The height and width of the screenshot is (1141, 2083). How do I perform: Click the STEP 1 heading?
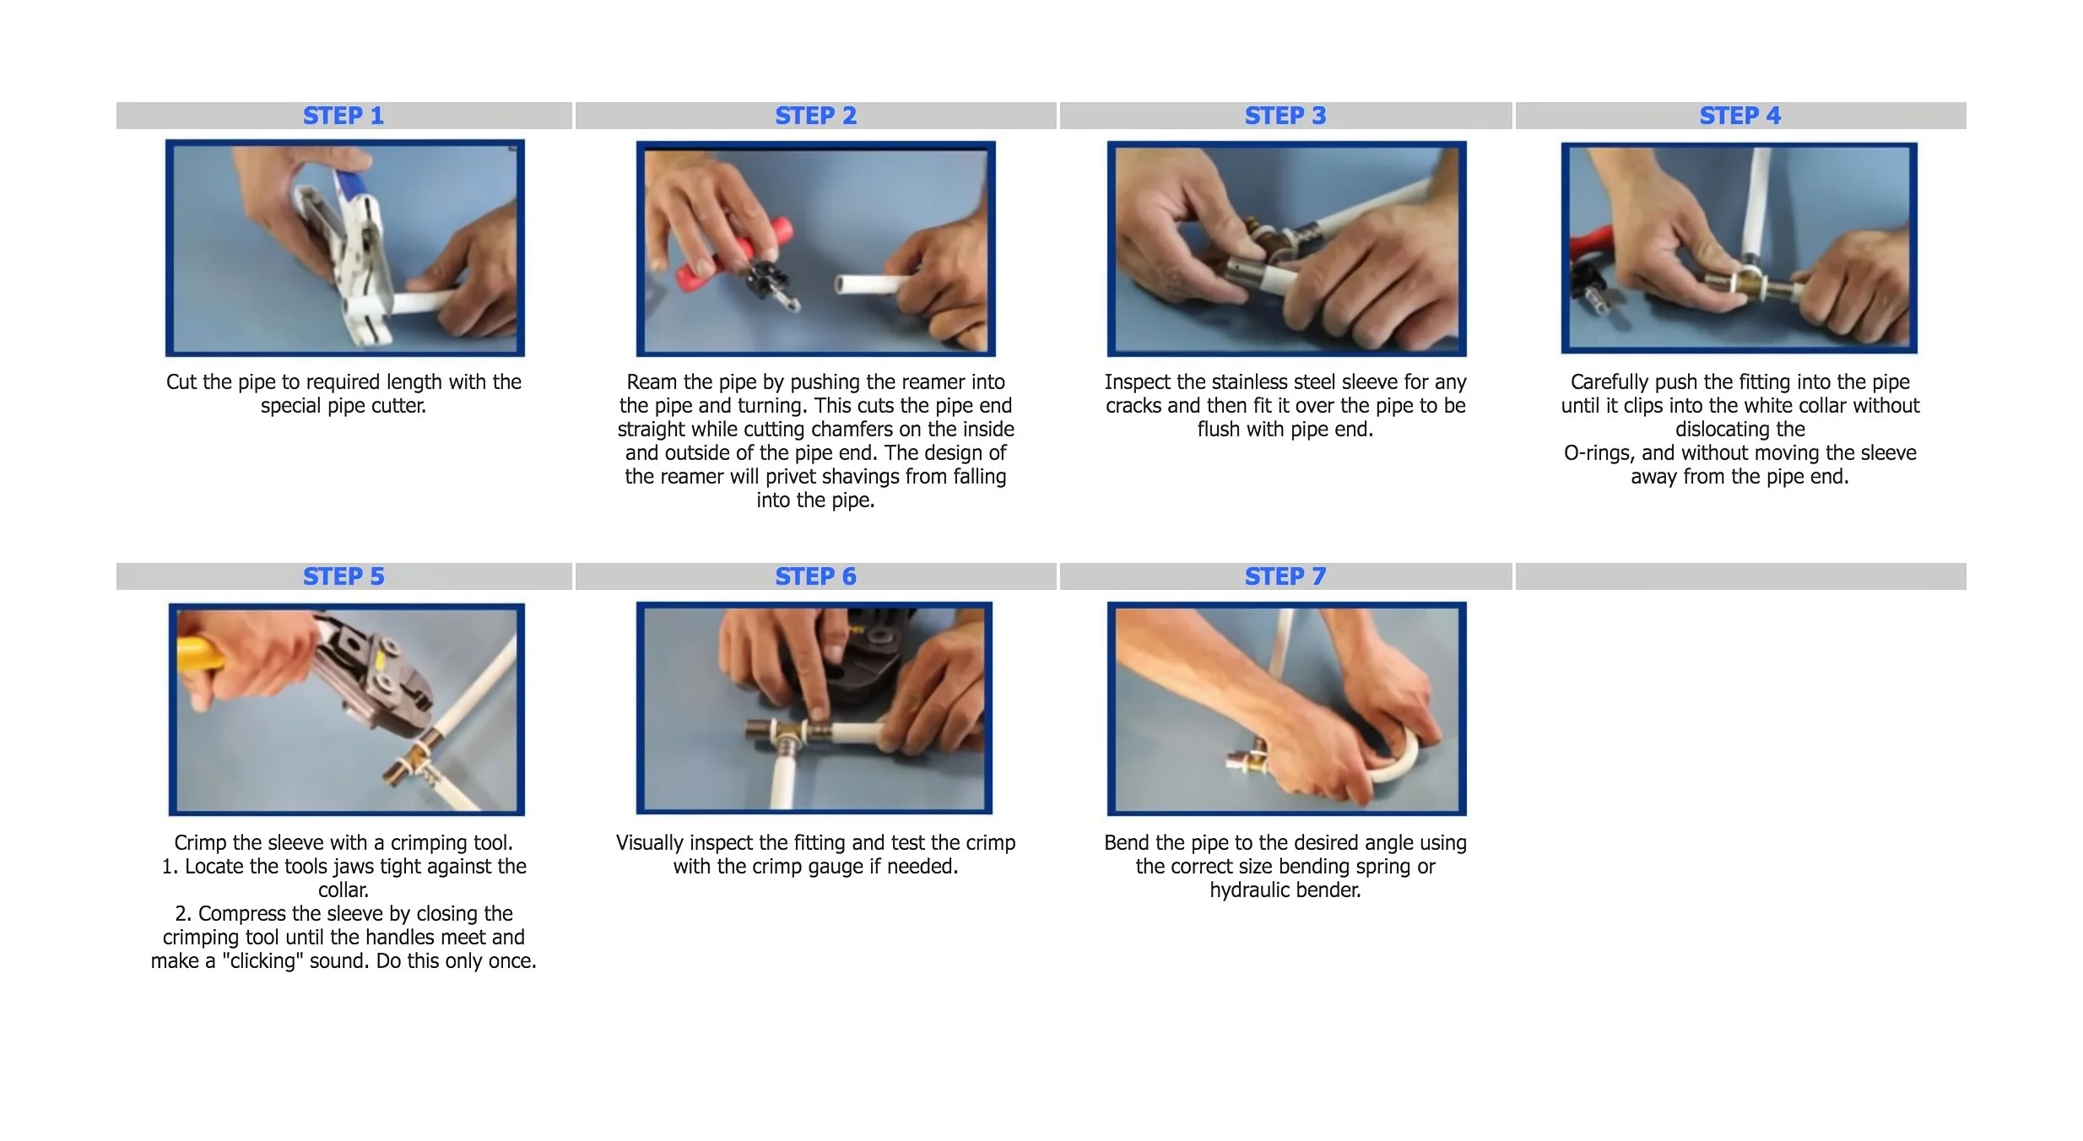point(344,116)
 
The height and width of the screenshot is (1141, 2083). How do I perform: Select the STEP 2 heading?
point(816,116)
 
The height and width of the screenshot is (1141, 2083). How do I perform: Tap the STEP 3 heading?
point(1285,116)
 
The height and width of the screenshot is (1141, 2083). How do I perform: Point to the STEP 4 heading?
point(1740,116)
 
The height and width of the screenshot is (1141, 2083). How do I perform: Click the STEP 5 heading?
point(344,576)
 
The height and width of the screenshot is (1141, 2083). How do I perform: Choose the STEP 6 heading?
point(816,576)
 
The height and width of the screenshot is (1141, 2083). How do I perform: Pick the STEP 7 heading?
point(1285,576)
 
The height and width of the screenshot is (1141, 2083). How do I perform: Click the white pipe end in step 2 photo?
point(843,284)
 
